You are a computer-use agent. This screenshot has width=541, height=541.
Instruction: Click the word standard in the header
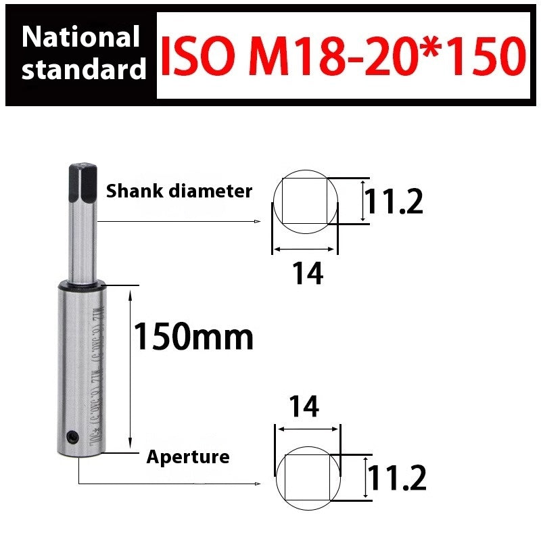(x=84, y=70)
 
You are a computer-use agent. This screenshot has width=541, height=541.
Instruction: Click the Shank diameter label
(x=179, y=191)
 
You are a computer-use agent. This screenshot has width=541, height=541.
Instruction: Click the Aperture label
(x=188, y=457)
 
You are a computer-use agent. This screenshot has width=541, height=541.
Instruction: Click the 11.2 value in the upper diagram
(x=394, y=202)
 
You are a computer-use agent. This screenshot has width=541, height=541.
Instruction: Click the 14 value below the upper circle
(x=307, y=274)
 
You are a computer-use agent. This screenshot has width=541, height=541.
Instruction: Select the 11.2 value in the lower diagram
(x=397, y=479)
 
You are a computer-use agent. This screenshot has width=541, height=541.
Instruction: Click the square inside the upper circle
(x=304, y=201)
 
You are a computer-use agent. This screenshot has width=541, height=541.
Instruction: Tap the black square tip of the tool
(x=80, y=181)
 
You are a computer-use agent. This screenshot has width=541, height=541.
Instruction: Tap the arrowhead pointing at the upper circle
(x=258, y=221)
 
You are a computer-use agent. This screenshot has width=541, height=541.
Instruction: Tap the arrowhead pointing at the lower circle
(x=258, y=484)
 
